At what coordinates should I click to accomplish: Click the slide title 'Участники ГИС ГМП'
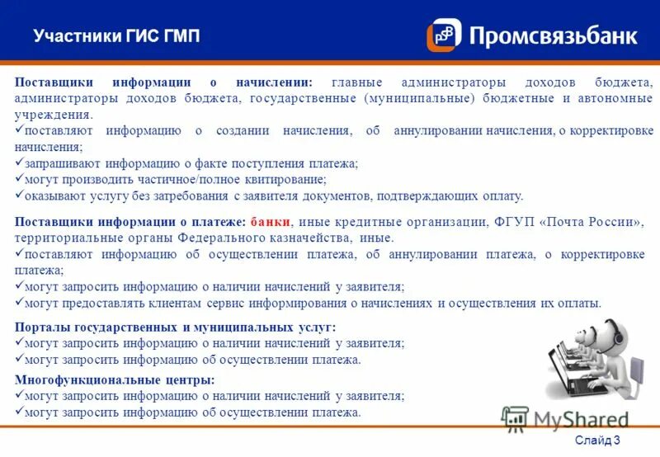(116, 35)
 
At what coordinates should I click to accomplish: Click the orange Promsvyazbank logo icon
(444, 35)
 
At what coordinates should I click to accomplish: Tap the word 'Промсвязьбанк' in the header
(554, 36)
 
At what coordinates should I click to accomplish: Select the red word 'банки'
(271, 222)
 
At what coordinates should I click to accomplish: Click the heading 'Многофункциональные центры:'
(115, 380)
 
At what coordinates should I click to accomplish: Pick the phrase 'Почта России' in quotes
(595, 222)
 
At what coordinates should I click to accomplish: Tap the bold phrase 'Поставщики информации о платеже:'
(130, 222)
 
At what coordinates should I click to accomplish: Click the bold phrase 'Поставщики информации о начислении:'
(163, 82)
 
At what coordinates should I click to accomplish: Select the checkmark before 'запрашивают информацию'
(20, 163)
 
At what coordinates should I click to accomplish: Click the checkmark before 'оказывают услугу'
(20, 196)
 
